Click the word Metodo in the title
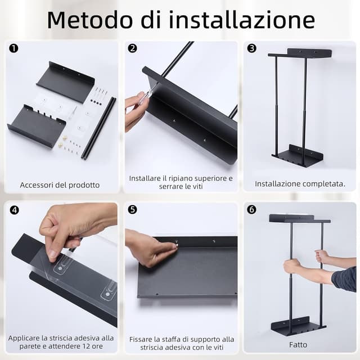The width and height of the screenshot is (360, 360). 90,20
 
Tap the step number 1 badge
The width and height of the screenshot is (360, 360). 13,48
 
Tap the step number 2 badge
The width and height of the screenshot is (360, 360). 133,48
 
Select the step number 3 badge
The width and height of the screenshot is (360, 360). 251,48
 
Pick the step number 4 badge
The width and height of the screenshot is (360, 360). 14,210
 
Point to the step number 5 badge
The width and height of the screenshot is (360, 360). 133,210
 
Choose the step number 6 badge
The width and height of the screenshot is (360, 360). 251,210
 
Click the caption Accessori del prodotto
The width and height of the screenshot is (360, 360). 60,184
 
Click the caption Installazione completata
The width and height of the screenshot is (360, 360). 300,184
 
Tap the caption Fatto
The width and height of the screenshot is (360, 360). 298,344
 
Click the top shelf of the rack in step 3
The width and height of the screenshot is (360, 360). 301,53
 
